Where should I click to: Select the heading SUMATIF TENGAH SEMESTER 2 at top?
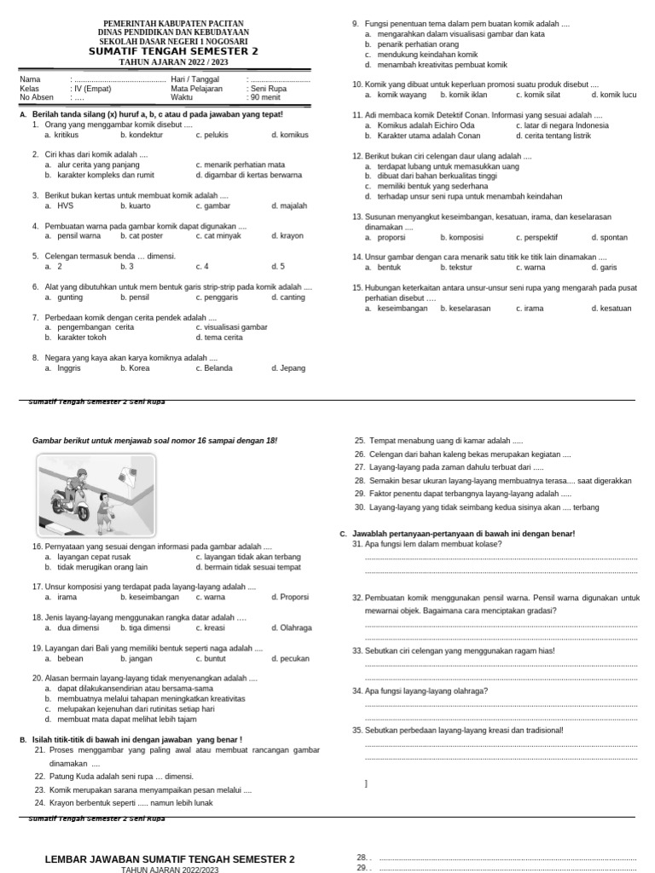[x=173, y=51]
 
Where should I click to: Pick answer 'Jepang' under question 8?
[x=293, y=368]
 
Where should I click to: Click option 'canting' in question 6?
[x=293, y=297]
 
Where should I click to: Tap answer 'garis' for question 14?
[x=608, y=267]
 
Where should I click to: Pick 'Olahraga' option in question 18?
[x=295, y=627]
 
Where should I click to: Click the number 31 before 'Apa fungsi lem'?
[x=357, y=544]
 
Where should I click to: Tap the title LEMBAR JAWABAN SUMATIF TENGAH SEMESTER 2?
[x=170, y=859]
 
